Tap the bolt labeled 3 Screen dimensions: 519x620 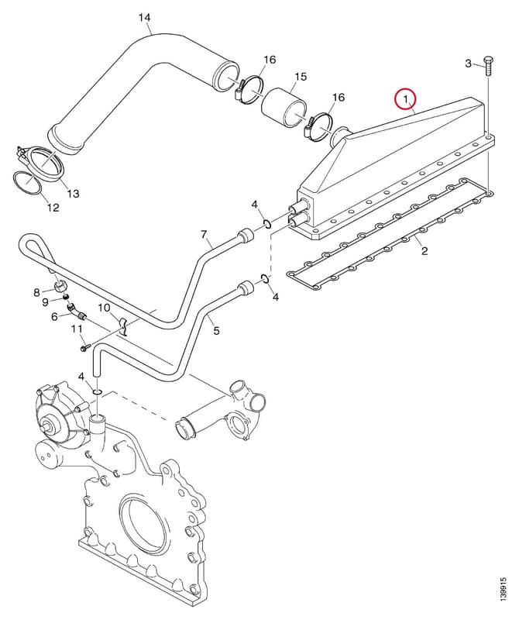pos(489,67)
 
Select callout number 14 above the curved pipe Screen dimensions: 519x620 pos(145,18)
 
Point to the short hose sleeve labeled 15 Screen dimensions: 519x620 pos(284,108)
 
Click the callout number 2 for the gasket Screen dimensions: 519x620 pos(424,250)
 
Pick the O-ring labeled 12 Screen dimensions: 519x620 pos(28,184)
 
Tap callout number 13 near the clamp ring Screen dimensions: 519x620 pos(73,193)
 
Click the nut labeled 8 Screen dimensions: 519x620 pos(60,285)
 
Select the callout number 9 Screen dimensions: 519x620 pos(45,302)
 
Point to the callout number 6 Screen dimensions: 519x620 pos(54,316)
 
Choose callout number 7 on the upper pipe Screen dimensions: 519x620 pos(204,235)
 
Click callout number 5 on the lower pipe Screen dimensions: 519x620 pos(216,330)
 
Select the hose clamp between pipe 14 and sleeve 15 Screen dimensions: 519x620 pos(249,91)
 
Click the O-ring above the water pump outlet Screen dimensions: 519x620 pos(98,391)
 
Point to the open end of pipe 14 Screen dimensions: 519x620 pos(226,75)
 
